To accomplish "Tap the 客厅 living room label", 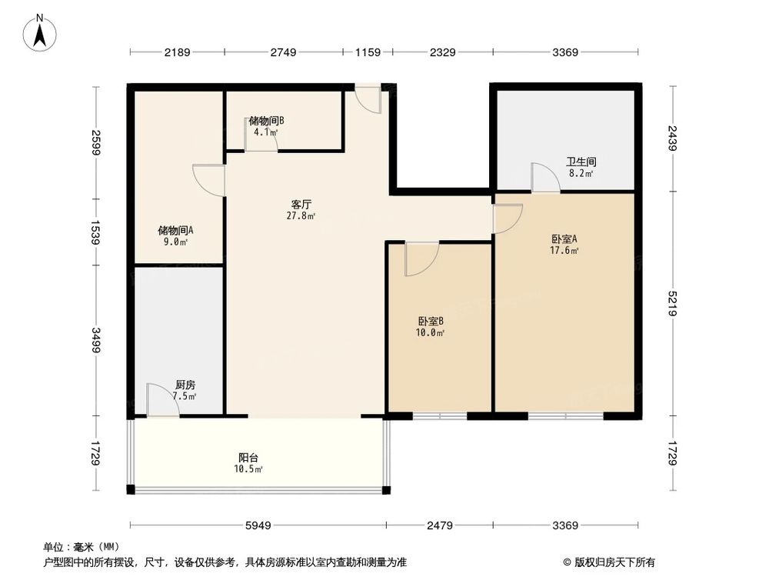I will click(301, 205).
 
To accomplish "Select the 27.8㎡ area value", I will click(301, 216).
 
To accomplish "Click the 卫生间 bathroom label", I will click(581, 162).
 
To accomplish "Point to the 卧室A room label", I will click(564, 238).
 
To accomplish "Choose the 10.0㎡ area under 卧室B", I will click(431, 333).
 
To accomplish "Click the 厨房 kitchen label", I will click(185, 385).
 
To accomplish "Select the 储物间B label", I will click(267, 121).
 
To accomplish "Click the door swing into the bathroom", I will click(545, 178).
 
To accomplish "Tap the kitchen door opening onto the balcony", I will click(162, 402).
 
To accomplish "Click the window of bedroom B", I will click(440, 416).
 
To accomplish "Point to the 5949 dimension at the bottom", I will click(258, 526).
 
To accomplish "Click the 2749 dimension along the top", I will click(283, 52).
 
